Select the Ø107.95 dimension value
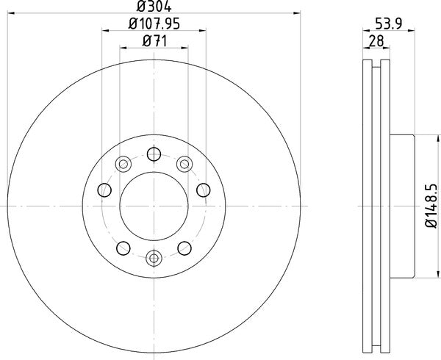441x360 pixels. (155, 24)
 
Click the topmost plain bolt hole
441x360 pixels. (154, 154)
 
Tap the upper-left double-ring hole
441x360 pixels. (123, 163)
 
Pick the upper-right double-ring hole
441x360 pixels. (184, 163)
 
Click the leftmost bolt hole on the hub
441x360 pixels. (104, 191)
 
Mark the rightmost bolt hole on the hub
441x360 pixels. (203, 191)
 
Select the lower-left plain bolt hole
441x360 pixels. (123, 248)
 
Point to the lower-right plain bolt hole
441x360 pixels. (184, 248)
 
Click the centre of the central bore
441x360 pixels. (154, 206)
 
